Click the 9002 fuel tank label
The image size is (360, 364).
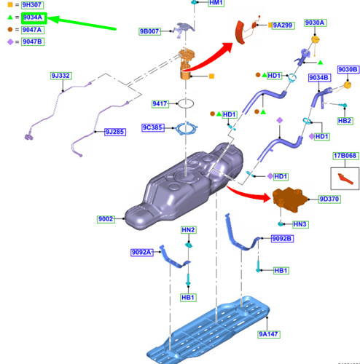click(x=106, y=219)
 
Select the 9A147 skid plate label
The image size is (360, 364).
click(x=269, y=334)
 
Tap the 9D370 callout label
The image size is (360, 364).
click(x=329, y=199)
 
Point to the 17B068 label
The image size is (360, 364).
click(x=345, y=156)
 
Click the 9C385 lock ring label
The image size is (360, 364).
click(x=153, y=127)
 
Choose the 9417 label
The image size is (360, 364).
click(x=160, y=104)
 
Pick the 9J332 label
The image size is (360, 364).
click(x=60, y=76)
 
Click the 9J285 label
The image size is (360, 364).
click(x=115, y=132)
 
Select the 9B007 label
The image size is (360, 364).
click(x=149, y=31)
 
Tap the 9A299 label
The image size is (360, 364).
click(x=283, y=25)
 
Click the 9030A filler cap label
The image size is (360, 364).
click(x=316, y=23)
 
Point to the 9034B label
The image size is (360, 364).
click(x=319, y=78)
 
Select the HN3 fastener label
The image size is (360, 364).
click(x=300, y=224)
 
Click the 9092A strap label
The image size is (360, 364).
click(x=142, y=253)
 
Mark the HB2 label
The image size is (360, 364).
click(x=345, y=121)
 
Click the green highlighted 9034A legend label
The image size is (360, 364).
click(x=34, y=17)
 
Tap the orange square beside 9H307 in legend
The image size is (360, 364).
click(x=10, y=4)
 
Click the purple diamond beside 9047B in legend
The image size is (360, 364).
click(x=10, y=42)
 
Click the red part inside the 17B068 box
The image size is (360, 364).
click(x=345, y=179)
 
